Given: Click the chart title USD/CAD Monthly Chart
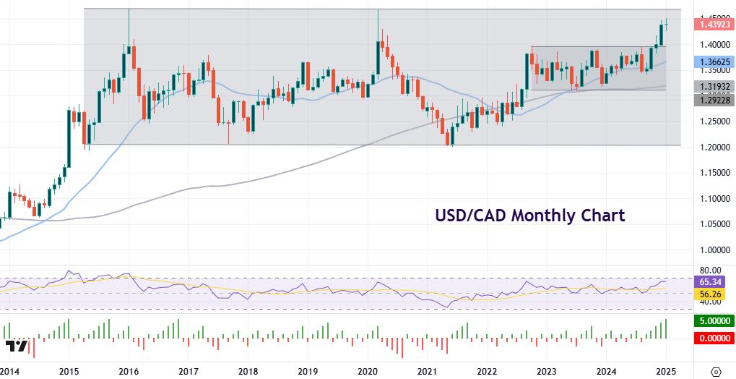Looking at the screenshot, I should (x=529, y=215).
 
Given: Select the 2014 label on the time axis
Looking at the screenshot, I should (x=10, y=371).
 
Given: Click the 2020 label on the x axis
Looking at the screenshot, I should (x=368, y=371).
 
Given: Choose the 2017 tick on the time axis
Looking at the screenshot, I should (x=189, y=371).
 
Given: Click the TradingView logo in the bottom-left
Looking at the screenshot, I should (x=17, y=346).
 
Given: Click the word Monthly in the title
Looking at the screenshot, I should (x=529, y=215).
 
